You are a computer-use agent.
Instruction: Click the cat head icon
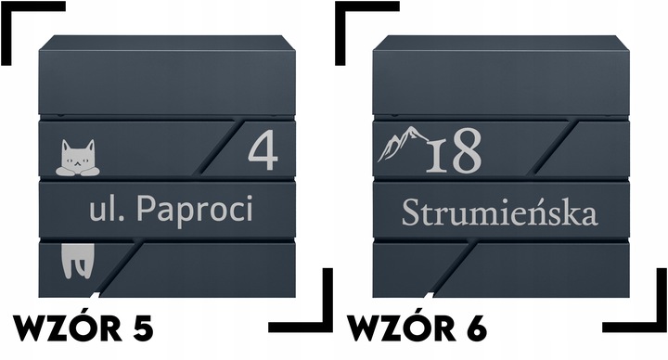(x=77, y=159)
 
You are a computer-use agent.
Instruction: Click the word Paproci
(x=194, y=211)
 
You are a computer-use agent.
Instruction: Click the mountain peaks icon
(x=402, y=143)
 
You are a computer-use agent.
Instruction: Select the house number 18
(x=454, y=152)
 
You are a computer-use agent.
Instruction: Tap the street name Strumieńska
(x=498, y=213)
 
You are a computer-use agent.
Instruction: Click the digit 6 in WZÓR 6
(x=472, y=327)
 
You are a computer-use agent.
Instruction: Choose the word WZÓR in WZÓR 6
(x=395, y=327)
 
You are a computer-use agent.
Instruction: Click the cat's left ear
(x=64, y=146)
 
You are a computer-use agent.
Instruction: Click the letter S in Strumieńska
(x=409, y=212)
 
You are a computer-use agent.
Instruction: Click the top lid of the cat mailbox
(x=167, y=45)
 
